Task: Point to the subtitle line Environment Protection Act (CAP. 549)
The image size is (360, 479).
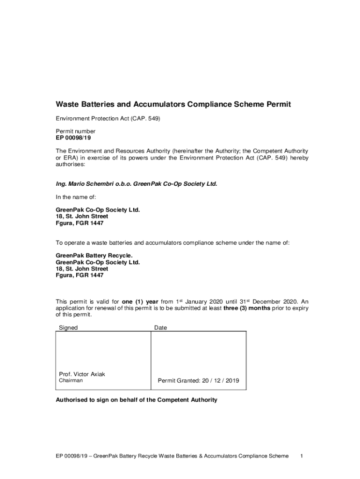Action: tap(108, 119)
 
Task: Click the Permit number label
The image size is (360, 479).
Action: tap(76, 131)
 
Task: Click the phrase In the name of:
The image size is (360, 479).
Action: tap(76, 197)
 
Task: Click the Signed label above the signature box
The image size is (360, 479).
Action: tap(68, 328)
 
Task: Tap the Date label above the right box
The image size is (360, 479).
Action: tap(160, 328)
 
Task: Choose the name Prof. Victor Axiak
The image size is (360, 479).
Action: tap(82, 374)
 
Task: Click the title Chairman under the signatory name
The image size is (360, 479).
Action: tap(71, 381)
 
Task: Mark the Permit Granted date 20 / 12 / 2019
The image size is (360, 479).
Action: tap(198, 381)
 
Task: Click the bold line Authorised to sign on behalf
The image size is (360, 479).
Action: tap(137, 400)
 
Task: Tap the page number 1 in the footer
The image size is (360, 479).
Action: tap(302, 456)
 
